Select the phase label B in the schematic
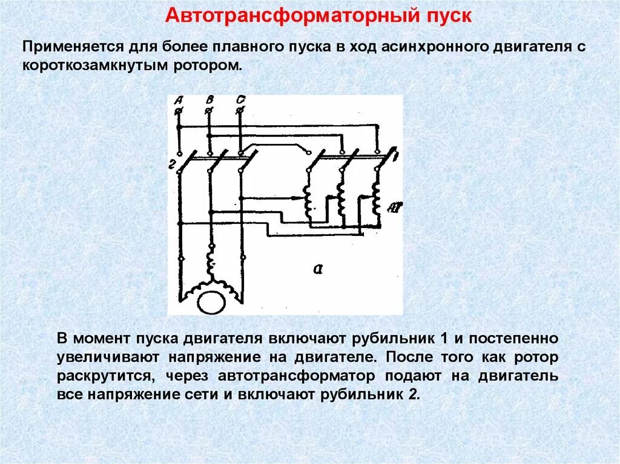click(x=209, y=100)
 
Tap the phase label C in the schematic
click(x=242, y=100)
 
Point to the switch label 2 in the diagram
click(x=172, y=164)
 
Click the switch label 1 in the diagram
click(x=395, y=156)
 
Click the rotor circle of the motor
click(x=211, y=301)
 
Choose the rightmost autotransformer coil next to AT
click(x=376, y=200)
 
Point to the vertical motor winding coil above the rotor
click(x=211, y=263)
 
